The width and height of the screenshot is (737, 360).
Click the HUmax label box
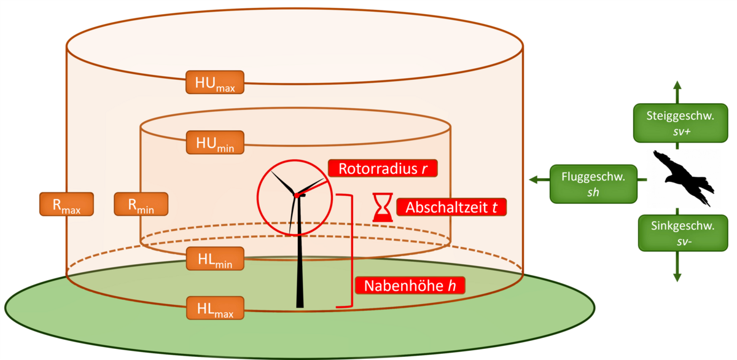click(215, 82)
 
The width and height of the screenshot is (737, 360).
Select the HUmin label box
click(215, 143)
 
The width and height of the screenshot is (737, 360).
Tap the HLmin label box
click(215, 259)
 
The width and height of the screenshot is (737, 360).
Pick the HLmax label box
click(215, 307)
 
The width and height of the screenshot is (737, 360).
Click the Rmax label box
click(66, 204)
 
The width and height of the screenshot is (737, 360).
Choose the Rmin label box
click(141, 204)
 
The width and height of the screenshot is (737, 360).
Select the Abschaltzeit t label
click(451, 207)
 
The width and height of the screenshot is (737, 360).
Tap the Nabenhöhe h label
click(408, 286)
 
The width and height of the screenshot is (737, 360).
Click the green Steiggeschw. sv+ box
click(677, 122)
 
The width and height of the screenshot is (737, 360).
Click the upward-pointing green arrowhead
click(677, 84)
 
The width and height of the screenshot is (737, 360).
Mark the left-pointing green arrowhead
click(533, 180)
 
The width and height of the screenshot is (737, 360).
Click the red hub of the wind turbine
click(297, 195)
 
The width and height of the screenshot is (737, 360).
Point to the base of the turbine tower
click(300, 304)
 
